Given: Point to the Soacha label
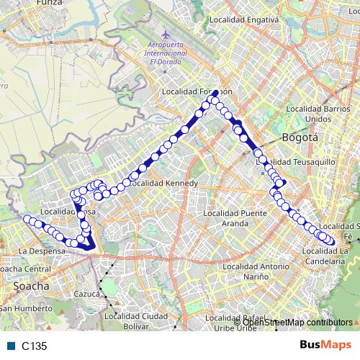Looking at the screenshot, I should click(31, 286).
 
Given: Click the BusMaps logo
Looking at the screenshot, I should click(326, 345).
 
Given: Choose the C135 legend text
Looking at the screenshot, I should click(34, 346).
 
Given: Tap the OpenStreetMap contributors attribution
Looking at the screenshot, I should click(297, 322).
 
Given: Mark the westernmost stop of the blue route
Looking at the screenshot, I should click(27, 219).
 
